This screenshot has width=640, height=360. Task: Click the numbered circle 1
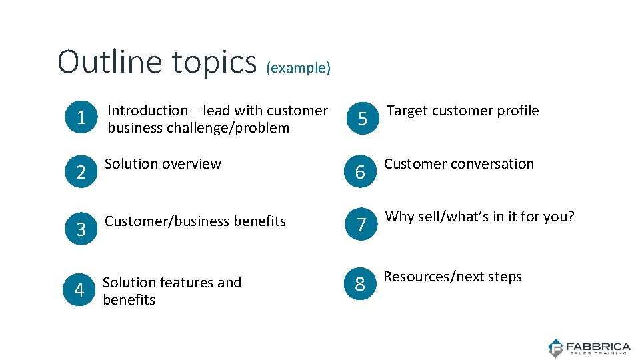(x=81, y=119)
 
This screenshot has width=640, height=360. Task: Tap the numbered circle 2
(x=81, y=173)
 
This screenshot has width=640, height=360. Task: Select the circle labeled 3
(x=81, y=229)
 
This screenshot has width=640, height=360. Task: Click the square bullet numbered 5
(x=362, y=119)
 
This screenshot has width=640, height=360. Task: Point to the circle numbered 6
(x=360, y=173)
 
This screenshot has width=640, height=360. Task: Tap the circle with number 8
(x=360, y=285)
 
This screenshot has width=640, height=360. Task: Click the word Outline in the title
(x=110, y=61)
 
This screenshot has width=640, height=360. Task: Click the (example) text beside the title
(x=298, y=68)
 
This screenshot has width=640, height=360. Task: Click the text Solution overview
(x=163, y=164)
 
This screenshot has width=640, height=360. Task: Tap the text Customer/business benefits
(x=195, y=221)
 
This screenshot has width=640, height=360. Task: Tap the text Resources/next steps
(x=453, y=277)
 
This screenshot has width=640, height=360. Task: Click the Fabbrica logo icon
(x=555, y=348)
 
